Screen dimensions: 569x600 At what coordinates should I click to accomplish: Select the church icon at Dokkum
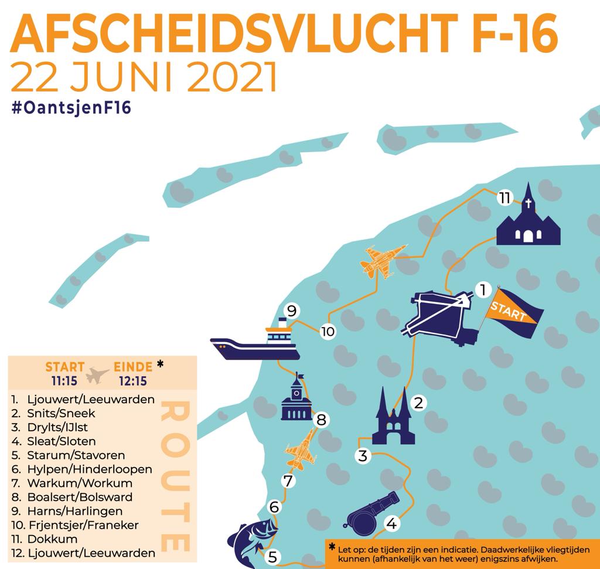pos(529,220)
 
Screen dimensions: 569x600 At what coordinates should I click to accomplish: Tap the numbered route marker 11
pos(504,197)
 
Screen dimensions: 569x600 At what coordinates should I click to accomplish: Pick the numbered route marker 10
pos(328,332)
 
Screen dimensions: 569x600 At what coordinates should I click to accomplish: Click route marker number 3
pos(363,455)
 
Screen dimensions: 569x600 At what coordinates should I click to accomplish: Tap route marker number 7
pos(287,481)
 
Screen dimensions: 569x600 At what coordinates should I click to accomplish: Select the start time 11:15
pos(65,380)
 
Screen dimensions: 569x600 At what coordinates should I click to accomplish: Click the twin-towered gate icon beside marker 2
pos(393,417)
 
